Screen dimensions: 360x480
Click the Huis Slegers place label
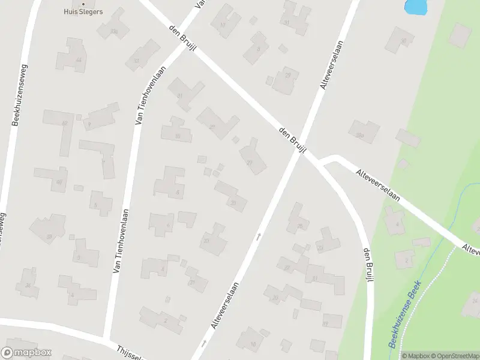tap(83, 11)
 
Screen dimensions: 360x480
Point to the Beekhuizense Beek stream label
tap(406, 315)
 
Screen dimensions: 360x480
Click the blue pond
tap(416, 6)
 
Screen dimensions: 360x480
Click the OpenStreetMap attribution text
tap(454, 356)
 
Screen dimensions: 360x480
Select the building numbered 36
tap(28, 284)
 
